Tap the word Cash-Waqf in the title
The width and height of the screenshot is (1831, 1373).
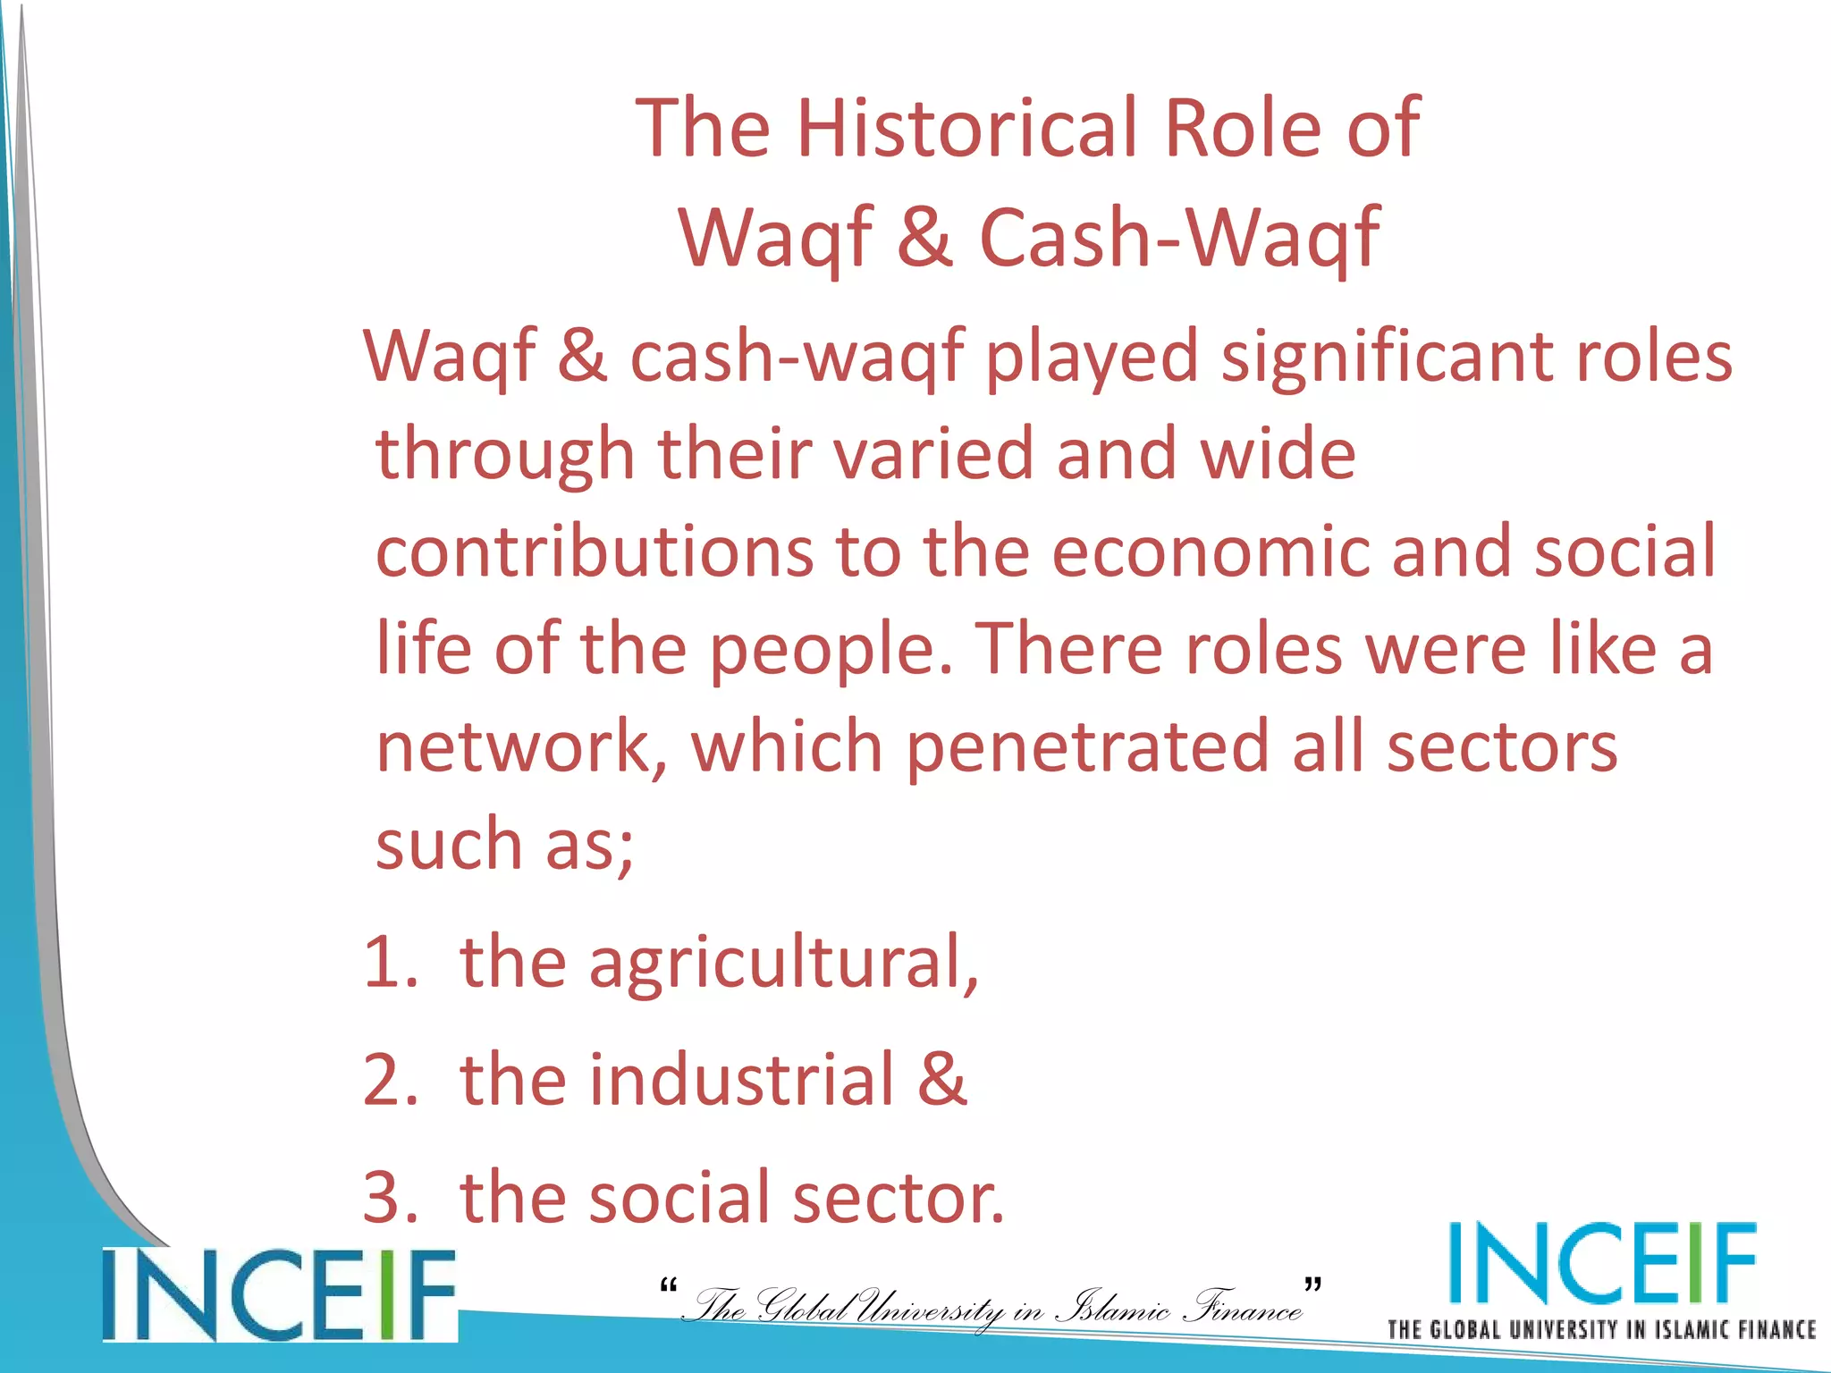coord(1179,238)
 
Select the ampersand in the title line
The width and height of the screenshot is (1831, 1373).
coord(924,238)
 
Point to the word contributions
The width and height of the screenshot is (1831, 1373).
coord(594,552)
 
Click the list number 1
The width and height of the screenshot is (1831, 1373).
coord(390,963)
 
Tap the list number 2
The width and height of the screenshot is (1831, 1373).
coord(390,1080)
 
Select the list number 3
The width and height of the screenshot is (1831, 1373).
coord(390,1198)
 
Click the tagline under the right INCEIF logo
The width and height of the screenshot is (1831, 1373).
coord(1601,1329)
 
